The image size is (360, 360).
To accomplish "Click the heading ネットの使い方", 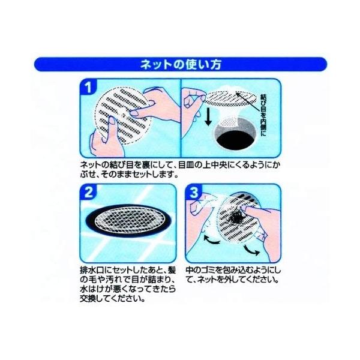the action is coord(181,64).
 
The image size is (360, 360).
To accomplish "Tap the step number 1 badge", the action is coord(88,88).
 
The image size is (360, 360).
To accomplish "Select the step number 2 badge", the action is coord(89,192).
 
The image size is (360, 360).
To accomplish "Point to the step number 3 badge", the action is coord(194,192).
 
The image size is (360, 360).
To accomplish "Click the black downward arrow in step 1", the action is coord(208,118).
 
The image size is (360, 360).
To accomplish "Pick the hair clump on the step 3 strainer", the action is coord(236,217).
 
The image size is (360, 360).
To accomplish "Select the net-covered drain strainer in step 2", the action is coord(128,220).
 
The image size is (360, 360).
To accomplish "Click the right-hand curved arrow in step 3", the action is coord(251,250).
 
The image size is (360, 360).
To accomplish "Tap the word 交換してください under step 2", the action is coord(113,299).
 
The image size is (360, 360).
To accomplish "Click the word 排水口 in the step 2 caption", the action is coord(91,270).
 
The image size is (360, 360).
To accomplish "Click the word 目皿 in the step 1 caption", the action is coord(185,165).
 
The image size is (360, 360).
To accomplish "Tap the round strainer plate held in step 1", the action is coord(122,115).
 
